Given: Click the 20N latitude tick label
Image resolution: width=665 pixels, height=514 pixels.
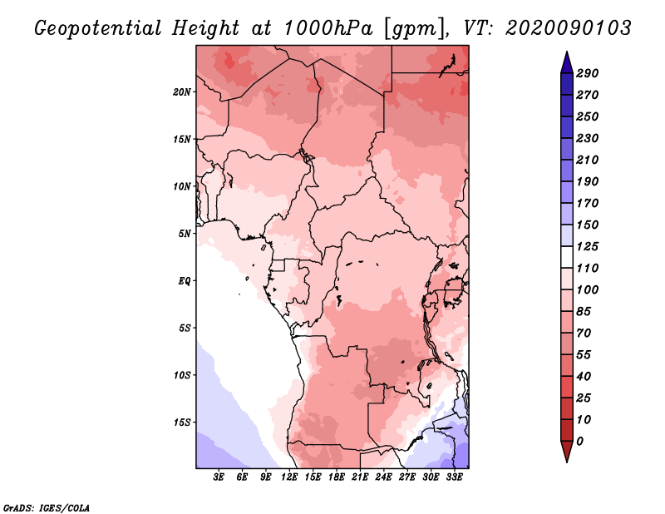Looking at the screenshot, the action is pyautogui.click(x=182, y=92).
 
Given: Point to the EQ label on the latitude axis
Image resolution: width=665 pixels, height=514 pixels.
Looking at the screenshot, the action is pyautogui.click(x=185, y=281).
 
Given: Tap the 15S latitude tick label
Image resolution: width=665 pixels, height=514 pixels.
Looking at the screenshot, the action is pyautogui.click(x=182, y=423).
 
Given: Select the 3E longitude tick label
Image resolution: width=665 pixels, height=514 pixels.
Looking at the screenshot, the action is pyautogui.click(x=219, y=477).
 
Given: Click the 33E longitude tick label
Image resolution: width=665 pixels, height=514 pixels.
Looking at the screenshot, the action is pyautogui.click(x=454, y=477).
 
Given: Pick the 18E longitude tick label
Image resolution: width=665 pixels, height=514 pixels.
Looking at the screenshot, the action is pyautogui.click(x=337, y=477).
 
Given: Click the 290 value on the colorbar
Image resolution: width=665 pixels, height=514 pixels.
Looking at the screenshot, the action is pyautogui.click(x=588, y=73).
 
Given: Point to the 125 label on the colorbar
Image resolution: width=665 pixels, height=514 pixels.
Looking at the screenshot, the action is pyautogui.click(x=588, y=246).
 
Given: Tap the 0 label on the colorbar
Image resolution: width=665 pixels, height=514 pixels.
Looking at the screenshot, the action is pyautogui.click(x=579, y=442).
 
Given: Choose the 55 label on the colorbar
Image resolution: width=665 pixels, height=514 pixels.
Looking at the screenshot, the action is pyautogui.click(x=584, y=355).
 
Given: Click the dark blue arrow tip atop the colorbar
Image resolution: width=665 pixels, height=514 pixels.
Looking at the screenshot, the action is pyautogui.click(x=567, y=52).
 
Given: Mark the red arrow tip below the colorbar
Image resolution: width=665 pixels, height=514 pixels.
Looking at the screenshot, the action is pyautogui.click(x=567, y=462).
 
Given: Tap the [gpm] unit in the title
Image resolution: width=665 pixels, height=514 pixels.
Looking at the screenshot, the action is pyautogui.click(x=415, y=29).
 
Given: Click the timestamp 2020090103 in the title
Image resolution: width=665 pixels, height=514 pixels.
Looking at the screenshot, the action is pyautogui.click(x=569, y=28).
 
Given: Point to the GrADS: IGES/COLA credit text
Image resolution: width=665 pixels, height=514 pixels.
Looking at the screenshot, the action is pyautogui.click(x=47, y=508).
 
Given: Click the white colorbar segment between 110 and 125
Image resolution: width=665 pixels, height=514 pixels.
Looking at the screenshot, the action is pyautogui.click(x=567, y=257).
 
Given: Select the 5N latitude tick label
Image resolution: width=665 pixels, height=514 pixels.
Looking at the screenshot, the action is pyautogui.click(x=185, y=234).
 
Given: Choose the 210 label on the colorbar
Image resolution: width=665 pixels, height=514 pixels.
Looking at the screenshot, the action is pyautogui.click(x=588, y=160).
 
